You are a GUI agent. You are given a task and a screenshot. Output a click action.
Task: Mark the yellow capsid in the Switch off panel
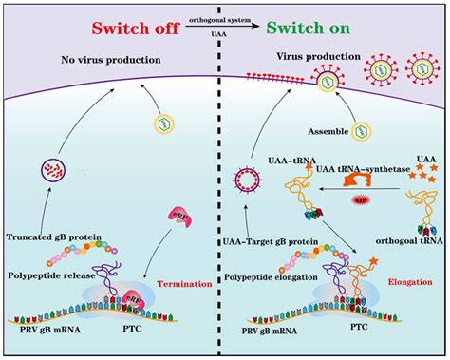tap(166, 124)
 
